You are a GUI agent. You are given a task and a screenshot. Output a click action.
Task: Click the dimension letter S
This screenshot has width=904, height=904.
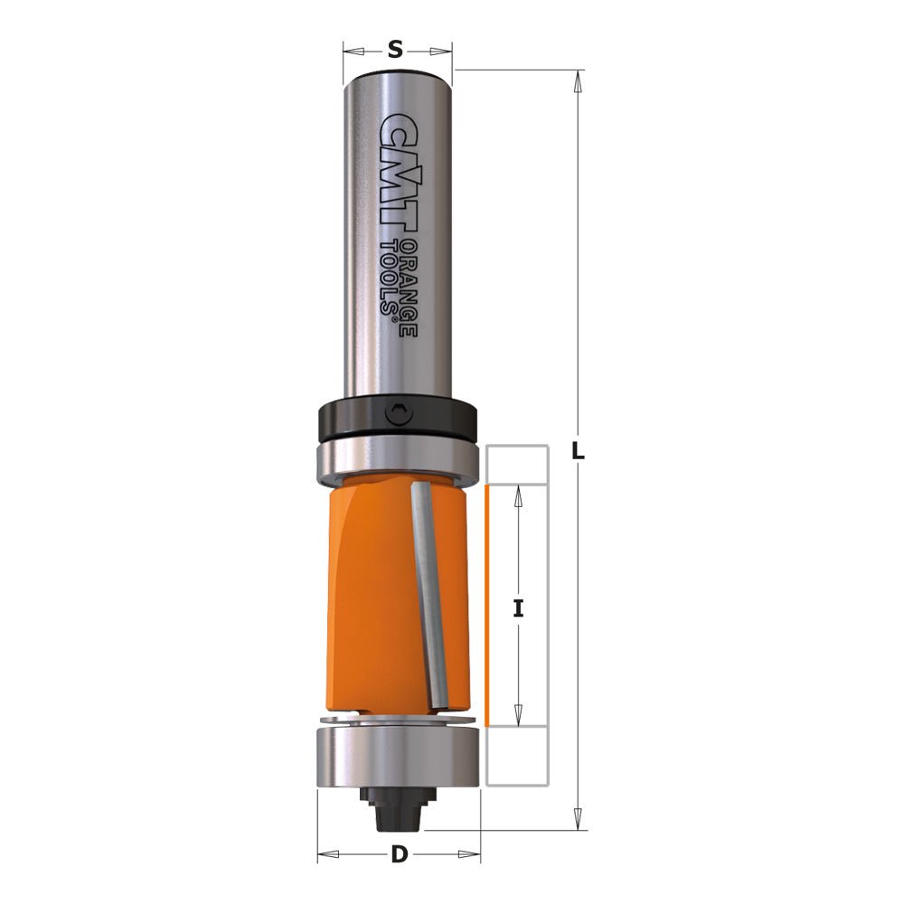click(x=395, y=51)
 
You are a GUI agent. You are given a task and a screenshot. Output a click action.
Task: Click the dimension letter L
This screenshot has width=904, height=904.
click(x=579, y=451)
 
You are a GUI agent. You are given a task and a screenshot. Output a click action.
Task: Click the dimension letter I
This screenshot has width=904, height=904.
click(x=518, y=608)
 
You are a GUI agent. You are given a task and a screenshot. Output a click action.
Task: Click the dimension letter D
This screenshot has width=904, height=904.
click(x=399, y=854)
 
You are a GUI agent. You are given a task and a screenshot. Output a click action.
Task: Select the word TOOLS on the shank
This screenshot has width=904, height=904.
click(x=391, y=277)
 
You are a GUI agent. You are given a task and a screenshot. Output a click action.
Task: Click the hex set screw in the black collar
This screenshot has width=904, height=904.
click(x=397, y=415)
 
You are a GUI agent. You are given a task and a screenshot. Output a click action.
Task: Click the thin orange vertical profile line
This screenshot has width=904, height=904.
click(x=487, y=606)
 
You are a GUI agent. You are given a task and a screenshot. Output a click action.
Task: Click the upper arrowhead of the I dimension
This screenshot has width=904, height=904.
click(x=518, y=493)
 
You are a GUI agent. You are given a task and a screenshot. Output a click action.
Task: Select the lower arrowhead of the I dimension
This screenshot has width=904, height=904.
click(x=518, y=718)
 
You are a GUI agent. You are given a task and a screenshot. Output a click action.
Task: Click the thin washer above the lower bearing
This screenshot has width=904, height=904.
click(x=398, y=720)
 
